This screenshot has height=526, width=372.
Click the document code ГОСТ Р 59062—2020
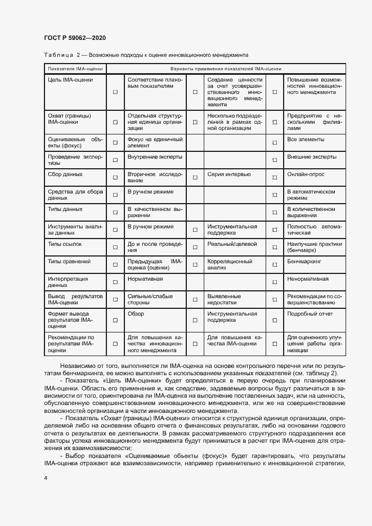pos(74,38)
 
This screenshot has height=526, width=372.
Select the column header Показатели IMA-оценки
pos(71,69)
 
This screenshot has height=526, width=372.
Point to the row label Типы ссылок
pos(65,244)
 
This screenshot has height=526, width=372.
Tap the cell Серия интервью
pos(226,175)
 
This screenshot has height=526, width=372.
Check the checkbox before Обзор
pos(115,320)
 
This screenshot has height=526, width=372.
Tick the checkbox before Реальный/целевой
pos(195,247)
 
